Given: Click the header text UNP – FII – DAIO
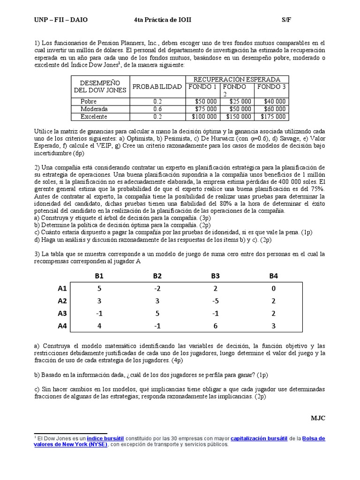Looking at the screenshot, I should (61, 19).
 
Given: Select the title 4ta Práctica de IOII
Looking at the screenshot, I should (163, 19).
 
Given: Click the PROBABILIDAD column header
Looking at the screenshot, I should (157, 87).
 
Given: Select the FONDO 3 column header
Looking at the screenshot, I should (271, 87).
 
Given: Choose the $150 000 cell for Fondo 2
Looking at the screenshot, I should (239, 117).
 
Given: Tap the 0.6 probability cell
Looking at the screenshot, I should (157, 109).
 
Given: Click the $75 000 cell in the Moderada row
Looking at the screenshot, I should (205, 109).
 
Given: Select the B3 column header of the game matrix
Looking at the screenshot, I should (215, 276).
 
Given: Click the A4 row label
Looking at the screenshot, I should (62, 326).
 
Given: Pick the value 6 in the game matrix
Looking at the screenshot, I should (215, 326).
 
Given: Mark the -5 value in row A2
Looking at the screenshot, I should (215, 301).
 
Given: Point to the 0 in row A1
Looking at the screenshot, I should (274, 289).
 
